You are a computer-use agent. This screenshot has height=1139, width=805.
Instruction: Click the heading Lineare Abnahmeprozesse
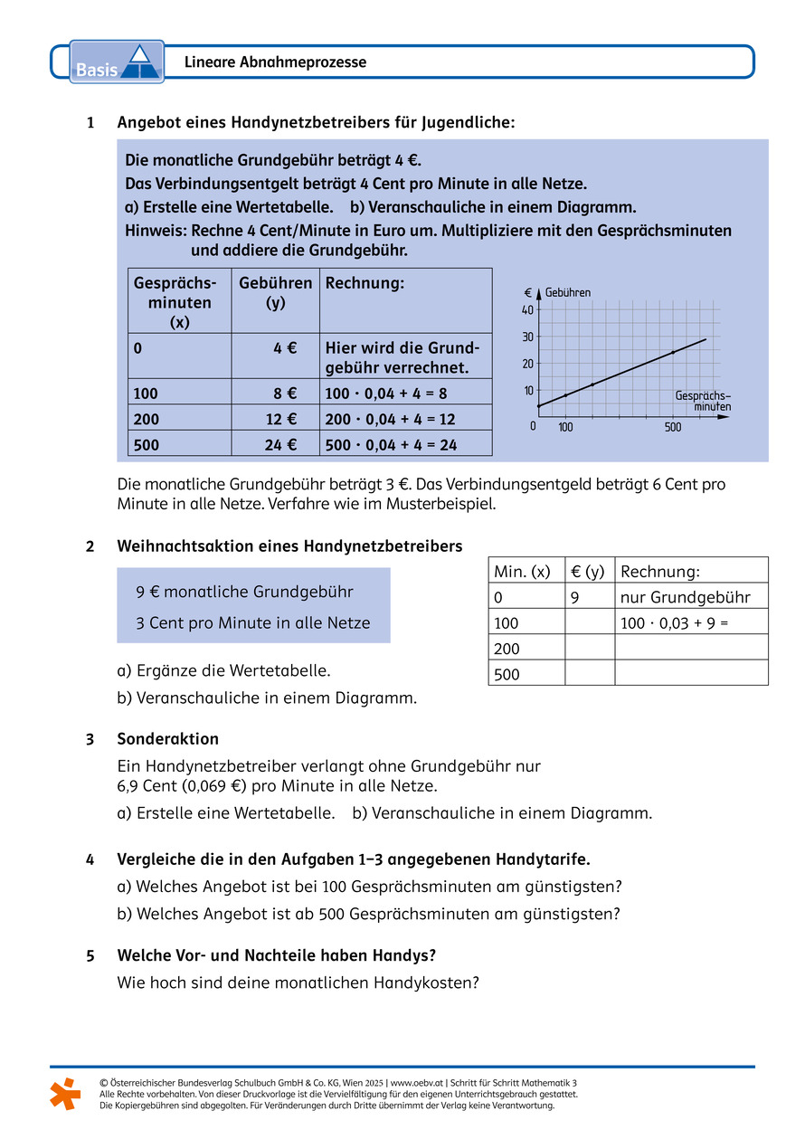pyautogui.click(x=275, y=62)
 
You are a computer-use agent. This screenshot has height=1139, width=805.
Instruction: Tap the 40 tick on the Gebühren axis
pyautogui.click(x=528, y=309)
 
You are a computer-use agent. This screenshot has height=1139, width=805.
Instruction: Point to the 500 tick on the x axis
pyautogui.click(x=672, y=426)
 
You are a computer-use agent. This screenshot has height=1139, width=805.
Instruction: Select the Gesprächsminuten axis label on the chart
pyautogui.click(x=704, y=402)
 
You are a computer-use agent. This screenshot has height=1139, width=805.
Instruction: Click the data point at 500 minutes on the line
pyautogui.click(x=672, y=352)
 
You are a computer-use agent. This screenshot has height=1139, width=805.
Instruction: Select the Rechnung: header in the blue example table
pyautogui.click(x=365, y=283)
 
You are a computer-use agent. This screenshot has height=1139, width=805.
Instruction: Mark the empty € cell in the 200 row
pyautogui.click(x=589, y=648)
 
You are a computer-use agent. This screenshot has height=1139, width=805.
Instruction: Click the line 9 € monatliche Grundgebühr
pyautogui.click(x=244, y=592)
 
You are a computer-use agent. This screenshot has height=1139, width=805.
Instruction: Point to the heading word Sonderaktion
pyautogui.click(x=168, y=739)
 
